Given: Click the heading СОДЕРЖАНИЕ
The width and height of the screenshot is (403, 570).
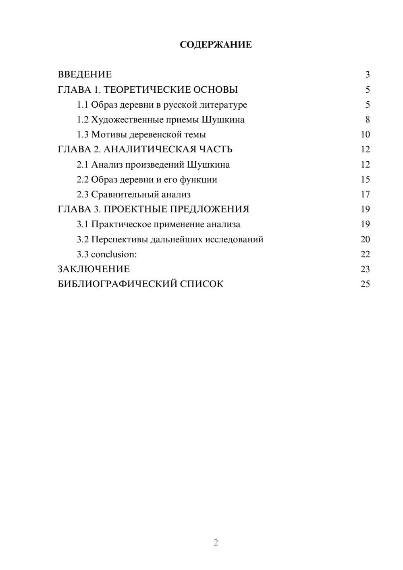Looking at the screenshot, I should (216, 45).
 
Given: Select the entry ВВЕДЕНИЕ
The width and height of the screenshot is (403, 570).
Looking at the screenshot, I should (85, 75).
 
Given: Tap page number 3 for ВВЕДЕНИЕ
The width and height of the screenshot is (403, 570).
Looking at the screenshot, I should (367, 75).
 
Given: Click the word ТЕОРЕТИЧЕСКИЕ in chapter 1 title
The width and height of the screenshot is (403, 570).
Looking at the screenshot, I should (147, 89).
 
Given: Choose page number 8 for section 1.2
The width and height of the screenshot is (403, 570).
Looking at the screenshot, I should (367, 120).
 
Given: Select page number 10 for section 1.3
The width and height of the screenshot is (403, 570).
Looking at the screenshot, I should (365, 135).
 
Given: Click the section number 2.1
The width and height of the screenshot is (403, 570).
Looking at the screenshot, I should (83, 164).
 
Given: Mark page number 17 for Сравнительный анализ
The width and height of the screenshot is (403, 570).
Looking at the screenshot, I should (365, 194).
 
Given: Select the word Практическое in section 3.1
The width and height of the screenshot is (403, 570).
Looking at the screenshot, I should (121, 224).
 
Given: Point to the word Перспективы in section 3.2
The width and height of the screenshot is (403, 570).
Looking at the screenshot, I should (119, 239).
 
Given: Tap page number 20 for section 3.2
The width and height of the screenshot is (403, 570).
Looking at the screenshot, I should (365, 239).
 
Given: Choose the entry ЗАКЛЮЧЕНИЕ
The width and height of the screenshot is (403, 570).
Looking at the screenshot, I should (93, 269).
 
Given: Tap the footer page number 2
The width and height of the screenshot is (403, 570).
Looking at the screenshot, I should (216, 543).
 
